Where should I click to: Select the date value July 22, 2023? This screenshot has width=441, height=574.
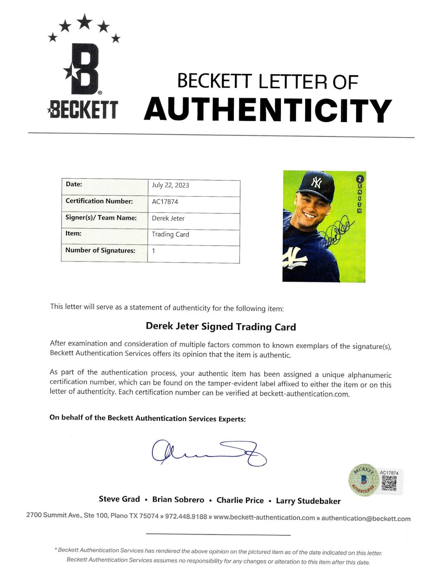[x=170, y=185]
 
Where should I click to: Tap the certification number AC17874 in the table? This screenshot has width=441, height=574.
[x=165, y=202]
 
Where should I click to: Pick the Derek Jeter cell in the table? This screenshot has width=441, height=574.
[x=168, y=218]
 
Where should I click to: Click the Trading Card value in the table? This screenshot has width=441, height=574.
[x=170, y=234]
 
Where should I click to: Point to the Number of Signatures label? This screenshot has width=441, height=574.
[x=100, y=250]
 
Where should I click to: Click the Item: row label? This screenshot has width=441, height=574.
[x=73, y=233]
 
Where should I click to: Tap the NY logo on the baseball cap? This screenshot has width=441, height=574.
[x=316, y=183]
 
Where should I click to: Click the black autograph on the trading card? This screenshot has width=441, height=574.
[x=336, y=233]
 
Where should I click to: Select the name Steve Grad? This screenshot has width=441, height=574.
[x=119, y=499]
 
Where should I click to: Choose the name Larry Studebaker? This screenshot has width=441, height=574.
[x=308, y=501]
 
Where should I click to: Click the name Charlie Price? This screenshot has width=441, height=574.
[x=240, y=500]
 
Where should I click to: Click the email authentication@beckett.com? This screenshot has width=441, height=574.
[x=366, y=518]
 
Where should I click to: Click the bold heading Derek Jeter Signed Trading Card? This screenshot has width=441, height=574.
[x=221, y=327]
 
